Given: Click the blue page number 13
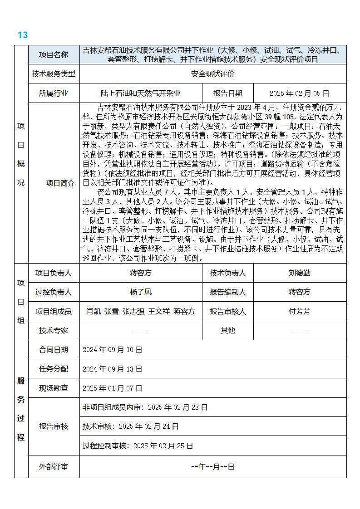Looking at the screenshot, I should (x=23, y=35).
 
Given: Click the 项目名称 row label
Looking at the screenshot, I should (x=54, y=55).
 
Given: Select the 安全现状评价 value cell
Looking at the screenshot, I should (x=213, y=74).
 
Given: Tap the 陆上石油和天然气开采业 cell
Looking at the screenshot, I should (x=141, y=93).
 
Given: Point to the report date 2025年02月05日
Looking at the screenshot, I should (x=299, y=93).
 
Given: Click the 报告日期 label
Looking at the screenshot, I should (x=228, y=93).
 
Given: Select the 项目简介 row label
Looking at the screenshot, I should (x=61, y=183).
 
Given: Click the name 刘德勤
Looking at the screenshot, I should (x=300, y=273).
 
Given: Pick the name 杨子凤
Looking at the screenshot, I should (x=141, y=292).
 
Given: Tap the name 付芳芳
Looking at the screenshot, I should (x=300, y=312).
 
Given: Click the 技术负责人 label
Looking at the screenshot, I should (x=228, y=273).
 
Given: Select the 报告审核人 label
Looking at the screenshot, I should (x=228, y=312).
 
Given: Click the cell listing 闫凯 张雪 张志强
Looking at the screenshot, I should (x=141, y=312).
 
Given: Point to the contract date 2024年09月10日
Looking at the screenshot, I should (x=113, y=350).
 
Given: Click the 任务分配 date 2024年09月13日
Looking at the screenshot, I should (x=113, y=369).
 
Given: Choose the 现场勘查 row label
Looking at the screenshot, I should (x=54, y=388).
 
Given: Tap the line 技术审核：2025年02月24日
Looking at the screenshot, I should (x=131, y=426).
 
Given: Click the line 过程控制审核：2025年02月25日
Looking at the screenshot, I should (x=138, y=446).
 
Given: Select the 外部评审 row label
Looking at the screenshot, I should (x=54, y=466).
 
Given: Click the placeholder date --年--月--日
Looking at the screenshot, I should (x=213, y=466).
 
